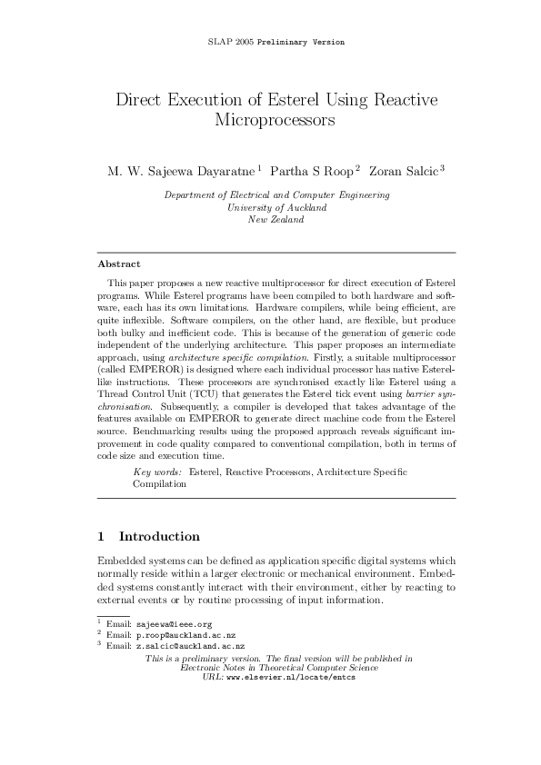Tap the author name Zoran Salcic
coord(399,170)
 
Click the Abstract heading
coord(119,264)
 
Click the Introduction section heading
coord(159,536)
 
